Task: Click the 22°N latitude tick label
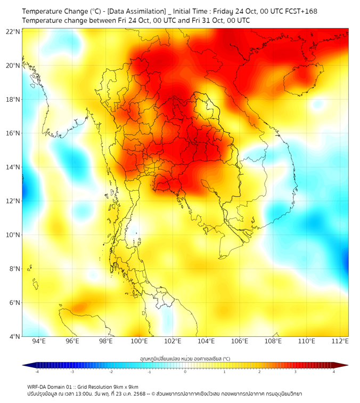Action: click(x=13, y=31)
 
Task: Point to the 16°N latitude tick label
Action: click(x=13, y=133)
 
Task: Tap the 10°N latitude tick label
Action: click(x=13, y=235)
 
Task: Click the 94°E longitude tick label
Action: click(x=39, y=341)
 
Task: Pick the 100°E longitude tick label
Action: click(x=140, y=341)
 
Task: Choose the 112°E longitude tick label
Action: click(x=340, y=341)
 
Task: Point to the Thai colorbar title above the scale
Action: click(x=185, y=358)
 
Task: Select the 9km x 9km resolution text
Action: click(x=124, y=386)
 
